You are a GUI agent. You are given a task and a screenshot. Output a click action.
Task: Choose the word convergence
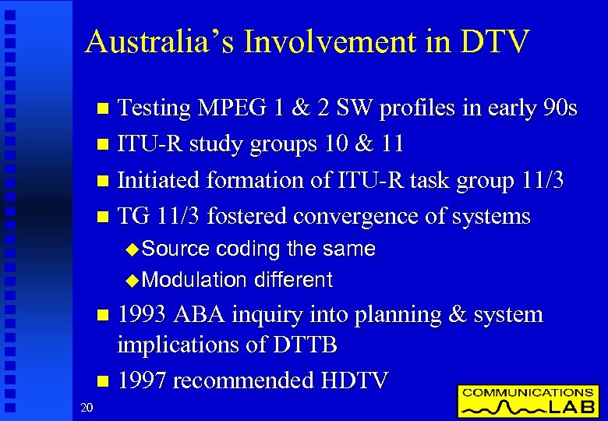[378, 216]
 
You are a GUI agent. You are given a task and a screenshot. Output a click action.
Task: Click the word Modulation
[194, 279]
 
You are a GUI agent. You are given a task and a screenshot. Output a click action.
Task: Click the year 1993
[143, 315]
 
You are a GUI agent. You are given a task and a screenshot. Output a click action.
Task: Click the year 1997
[143, 380]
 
